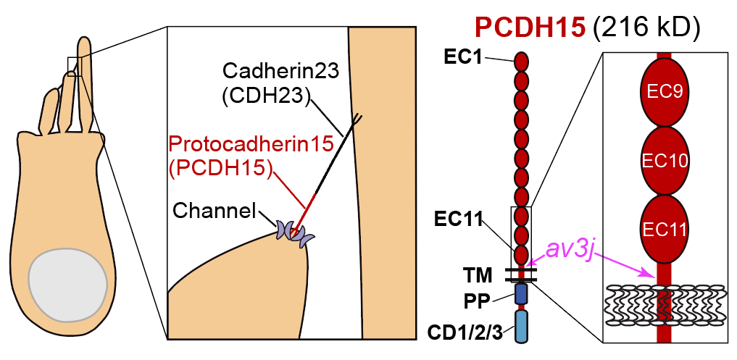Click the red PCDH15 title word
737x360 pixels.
(530, 27)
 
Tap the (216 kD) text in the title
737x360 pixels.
(646, 27)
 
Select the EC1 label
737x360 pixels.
(464, 56)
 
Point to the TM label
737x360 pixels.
(478, 275)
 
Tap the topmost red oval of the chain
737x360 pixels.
(521, 59)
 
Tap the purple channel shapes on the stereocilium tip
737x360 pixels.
(293, 233)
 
